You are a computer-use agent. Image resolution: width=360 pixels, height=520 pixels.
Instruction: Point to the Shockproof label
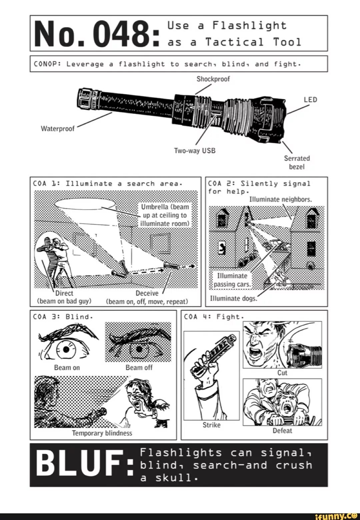point(213,79)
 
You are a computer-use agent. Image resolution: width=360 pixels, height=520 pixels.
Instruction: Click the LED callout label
point(310,100)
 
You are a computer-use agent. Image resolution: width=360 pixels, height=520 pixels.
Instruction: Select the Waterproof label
point(58,129)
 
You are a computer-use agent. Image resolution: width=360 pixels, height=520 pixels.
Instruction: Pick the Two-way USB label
point(195,151)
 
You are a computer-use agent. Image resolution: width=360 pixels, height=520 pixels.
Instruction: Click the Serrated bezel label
point(297,162)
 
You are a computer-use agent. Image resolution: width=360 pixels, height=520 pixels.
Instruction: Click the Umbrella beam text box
point(165,215)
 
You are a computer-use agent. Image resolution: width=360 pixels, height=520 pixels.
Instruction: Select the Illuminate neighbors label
point(281,199)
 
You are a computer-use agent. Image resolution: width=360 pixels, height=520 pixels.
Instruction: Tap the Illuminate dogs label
point(233,298)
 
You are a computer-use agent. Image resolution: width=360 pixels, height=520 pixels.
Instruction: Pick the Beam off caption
point(139,367)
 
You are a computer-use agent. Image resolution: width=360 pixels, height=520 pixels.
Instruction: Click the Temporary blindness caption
point(102,433)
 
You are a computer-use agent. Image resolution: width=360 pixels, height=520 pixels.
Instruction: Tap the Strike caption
point(211,425)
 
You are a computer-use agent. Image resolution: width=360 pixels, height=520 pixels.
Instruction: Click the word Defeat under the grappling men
point(282,431)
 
